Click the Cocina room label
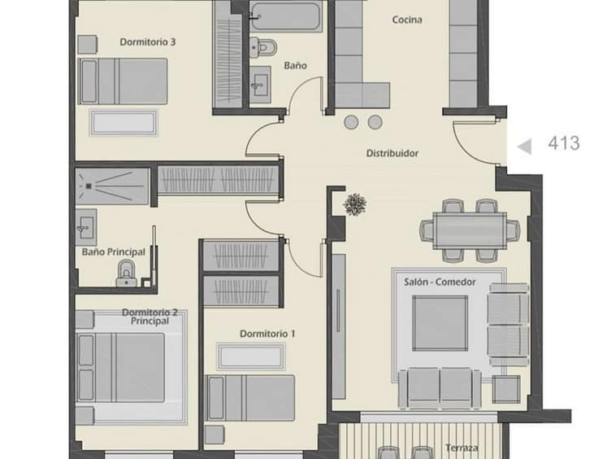coord(407,20)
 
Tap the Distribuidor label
coord(392,153)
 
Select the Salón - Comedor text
coord(440,282)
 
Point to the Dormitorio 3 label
coord(147,42)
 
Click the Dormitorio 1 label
coord(267,334)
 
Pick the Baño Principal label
coord(114,252)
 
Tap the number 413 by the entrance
coord(564,143)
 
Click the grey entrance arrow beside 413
coord(525,146)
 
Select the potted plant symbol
coord(355,204)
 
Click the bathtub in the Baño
coord(285,16)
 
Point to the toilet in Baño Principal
coord(126,273)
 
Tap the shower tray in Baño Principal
coord(112,186)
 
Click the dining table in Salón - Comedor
coord(470,230)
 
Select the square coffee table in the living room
coord(440,323)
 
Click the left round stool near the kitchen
coord(351,122)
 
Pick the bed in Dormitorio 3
coord(123,81)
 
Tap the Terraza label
coord(462,448)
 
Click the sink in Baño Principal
coord(86,228)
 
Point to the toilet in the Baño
coord(263,48)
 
